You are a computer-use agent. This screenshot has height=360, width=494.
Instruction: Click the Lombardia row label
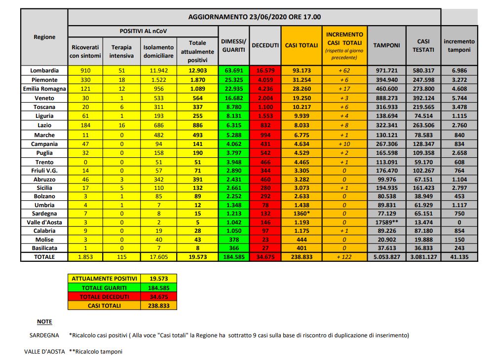44,71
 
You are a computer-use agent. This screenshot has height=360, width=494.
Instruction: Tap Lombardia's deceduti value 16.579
265,71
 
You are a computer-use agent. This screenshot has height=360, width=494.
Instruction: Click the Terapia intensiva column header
121,51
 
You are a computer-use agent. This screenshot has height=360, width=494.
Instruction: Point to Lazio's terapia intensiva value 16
121,125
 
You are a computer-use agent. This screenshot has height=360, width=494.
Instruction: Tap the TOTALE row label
44,257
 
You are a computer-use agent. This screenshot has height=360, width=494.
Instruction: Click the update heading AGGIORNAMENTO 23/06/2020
254,17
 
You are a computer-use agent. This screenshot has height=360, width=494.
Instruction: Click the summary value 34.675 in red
158,297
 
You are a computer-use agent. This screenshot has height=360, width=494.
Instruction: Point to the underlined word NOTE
44,322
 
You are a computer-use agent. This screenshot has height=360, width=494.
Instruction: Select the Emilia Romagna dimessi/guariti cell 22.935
233,89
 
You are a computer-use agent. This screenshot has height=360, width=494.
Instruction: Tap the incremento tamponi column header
459,45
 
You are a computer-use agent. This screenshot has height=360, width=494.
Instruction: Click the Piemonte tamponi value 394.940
387,79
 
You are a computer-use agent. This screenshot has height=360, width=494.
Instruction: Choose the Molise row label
44,239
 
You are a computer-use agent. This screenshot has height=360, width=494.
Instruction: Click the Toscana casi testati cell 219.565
423,107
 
